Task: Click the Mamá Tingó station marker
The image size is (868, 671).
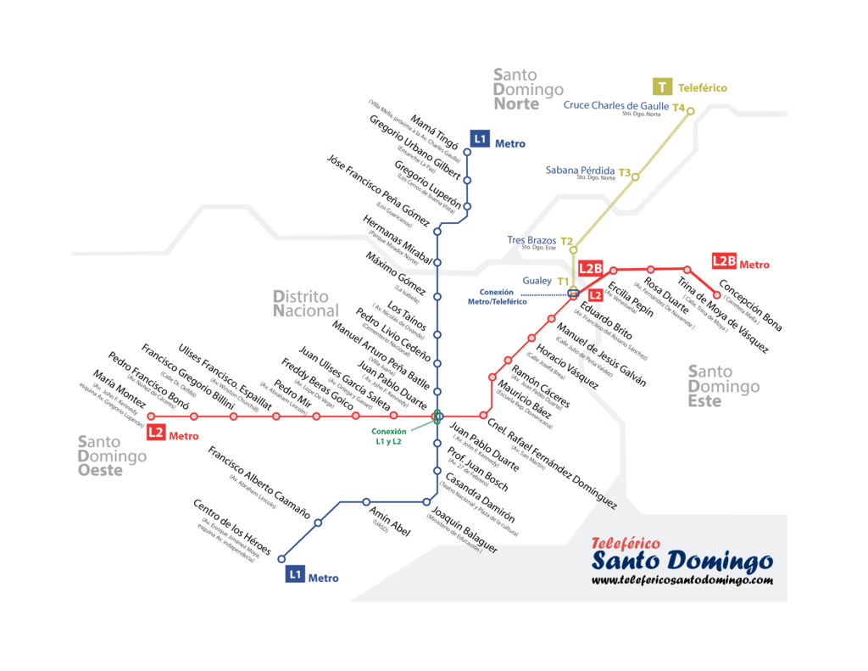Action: click(x=467, y=153)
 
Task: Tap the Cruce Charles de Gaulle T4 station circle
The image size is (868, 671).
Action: click(x=691, y=111)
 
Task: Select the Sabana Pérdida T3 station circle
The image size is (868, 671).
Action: click(x=635, y=176)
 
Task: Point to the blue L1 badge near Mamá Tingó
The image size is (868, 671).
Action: click(x=480, y=138)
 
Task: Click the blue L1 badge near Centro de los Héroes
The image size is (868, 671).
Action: click(x=294, y=575)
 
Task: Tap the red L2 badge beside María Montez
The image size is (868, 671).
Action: click(x=156, y=433)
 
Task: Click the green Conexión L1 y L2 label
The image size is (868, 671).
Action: click(x=387, y=436)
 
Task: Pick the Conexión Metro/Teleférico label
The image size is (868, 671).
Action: click(x=497, y=297)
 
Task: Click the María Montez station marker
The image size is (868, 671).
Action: click(x=152, y=417)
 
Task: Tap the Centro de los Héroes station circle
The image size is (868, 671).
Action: click(x=282, y=549)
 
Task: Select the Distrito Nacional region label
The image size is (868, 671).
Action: click(x=305, y=304)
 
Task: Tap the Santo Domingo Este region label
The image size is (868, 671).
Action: click(x=723, y=386)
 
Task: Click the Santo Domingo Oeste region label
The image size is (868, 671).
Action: click(x=111, y=456)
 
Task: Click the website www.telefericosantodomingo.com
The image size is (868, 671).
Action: click(x=682, y=580)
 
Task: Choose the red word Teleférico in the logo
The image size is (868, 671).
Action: click(x=626, y=543)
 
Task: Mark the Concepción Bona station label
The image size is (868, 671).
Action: click(x=749, y=305)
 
